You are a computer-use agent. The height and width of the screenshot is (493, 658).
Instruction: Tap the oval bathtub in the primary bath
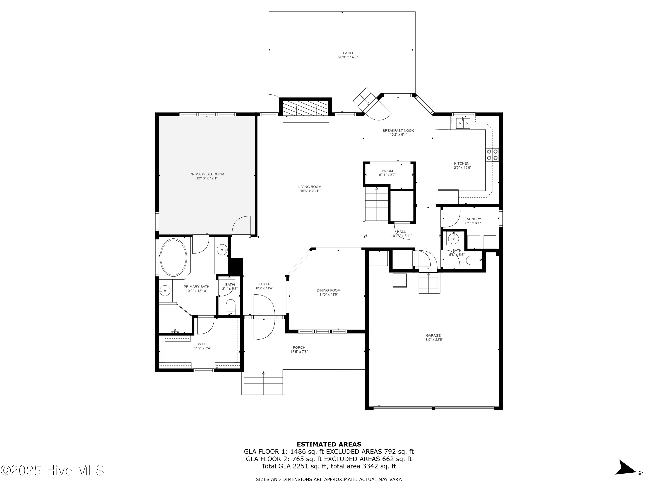[173, 258]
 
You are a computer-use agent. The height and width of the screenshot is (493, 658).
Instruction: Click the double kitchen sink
[463, 123]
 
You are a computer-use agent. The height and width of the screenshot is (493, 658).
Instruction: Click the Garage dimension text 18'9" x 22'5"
[433, 340]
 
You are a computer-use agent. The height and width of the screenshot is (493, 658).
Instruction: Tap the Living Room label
[310, 187]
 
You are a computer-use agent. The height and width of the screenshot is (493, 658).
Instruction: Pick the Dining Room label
[328, 290]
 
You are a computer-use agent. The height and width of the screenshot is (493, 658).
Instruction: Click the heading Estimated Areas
[329, 444]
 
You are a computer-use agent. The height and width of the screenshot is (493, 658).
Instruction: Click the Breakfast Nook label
[398, 130]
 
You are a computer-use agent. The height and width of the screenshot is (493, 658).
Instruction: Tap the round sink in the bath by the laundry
[453, 238]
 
